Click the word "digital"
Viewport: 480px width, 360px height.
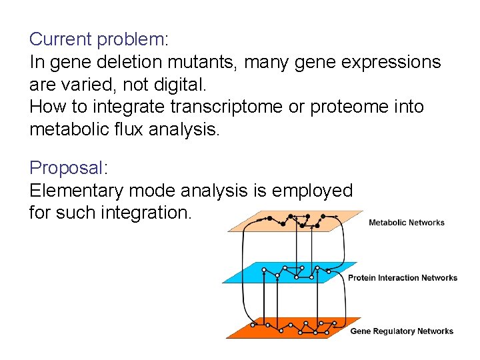[165, 85]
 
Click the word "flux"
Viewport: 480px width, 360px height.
[130, 129]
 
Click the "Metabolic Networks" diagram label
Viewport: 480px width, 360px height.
[406, 223]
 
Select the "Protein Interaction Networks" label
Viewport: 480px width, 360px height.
[402, 277]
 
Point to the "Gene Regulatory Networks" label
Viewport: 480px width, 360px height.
[401, 331]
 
